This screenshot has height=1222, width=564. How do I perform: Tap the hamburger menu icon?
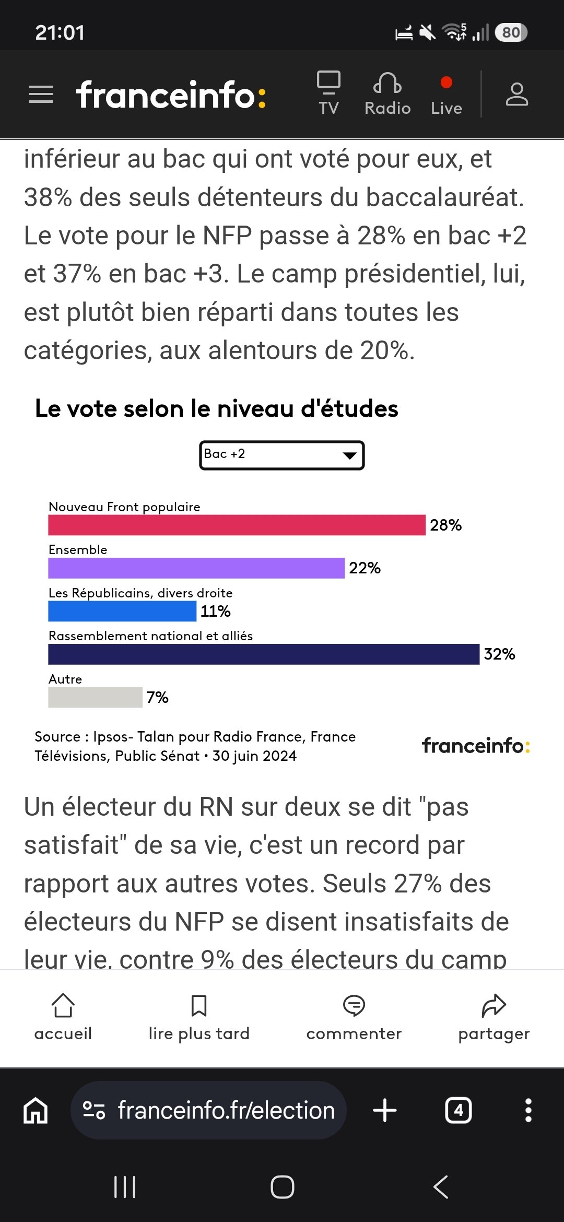pos(41,95)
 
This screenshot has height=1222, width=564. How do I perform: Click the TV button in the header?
pos(328,93)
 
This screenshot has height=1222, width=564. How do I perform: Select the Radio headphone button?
pos(387,93)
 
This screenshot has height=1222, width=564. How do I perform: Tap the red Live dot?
pos(446,83)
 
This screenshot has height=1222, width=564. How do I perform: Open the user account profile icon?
pos(517,94)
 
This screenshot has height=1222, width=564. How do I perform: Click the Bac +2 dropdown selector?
pos(282,455)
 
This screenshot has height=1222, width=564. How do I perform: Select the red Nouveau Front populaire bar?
pos(237,525)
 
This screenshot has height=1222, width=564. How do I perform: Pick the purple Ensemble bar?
pos(196,568)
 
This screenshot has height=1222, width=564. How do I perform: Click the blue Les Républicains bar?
pos(122,611)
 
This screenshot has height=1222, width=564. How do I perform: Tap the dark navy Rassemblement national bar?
pos(264,654)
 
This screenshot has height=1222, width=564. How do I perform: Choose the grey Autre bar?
pos(95,697)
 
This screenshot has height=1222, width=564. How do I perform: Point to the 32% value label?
pos(499,654)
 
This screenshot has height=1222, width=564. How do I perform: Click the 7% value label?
pos(157,697)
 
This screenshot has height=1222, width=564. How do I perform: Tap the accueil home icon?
pos(63,1005)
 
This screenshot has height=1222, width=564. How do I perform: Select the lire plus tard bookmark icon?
pos(199,1005)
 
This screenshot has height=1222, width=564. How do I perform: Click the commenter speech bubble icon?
pos(354,1005)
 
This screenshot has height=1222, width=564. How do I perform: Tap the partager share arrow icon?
pos(494,1005)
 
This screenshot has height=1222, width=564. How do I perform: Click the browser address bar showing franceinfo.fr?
pos(208,1110)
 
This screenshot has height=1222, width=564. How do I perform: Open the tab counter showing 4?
pos(459,1110)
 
